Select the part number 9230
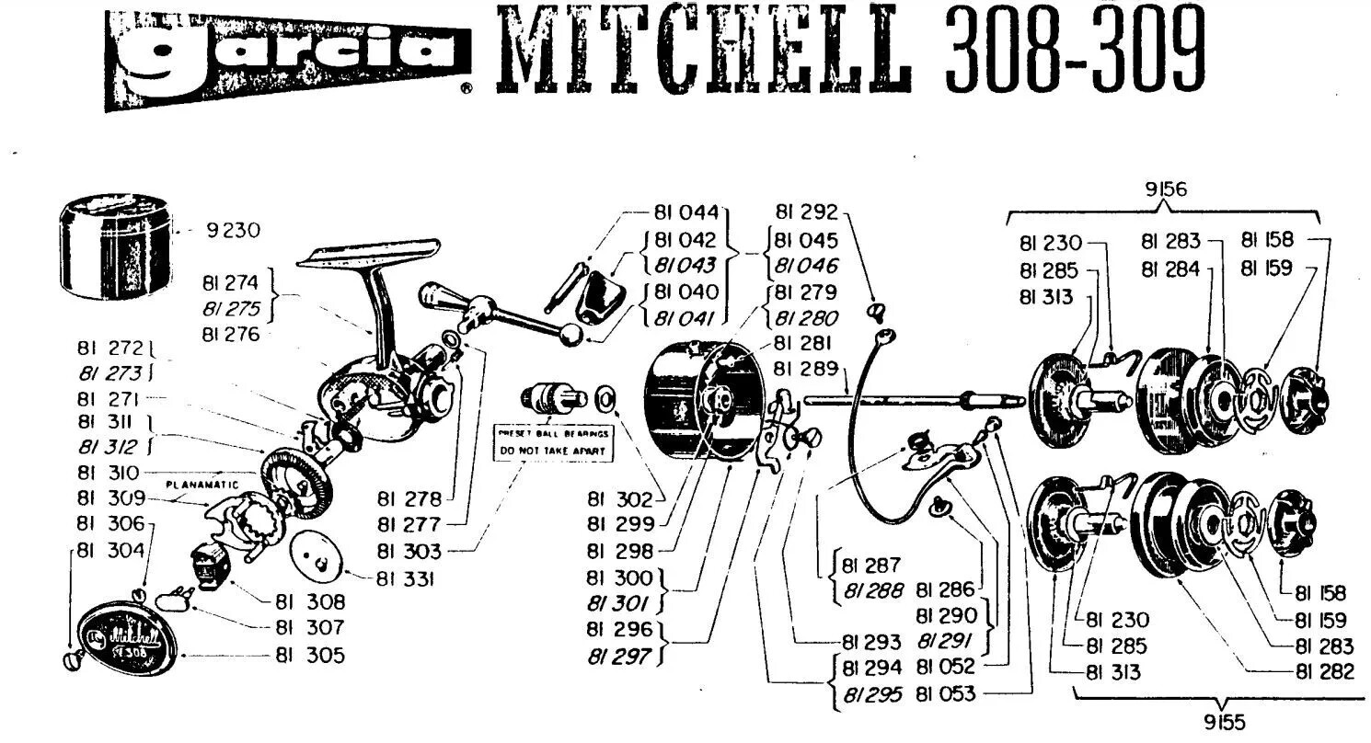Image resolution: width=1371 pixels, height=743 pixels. [236, 232]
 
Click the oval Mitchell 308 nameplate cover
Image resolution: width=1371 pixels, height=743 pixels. [126, 634]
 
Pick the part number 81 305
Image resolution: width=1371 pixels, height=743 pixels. [310, 656]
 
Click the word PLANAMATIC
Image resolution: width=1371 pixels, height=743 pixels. [202, 485]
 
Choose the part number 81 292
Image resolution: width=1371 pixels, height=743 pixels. [806, 212]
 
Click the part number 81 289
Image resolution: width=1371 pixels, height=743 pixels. [805, 369]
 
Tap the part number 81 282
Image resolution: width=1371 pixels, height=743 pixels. [1324, 672]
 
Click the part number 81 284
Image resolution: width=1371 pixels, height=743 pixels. [1170, 269]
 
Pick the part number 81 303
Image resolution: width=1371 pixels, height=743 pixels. [409, 551]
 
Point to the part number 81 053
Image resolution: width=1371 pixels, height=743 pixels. [945, 695]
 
